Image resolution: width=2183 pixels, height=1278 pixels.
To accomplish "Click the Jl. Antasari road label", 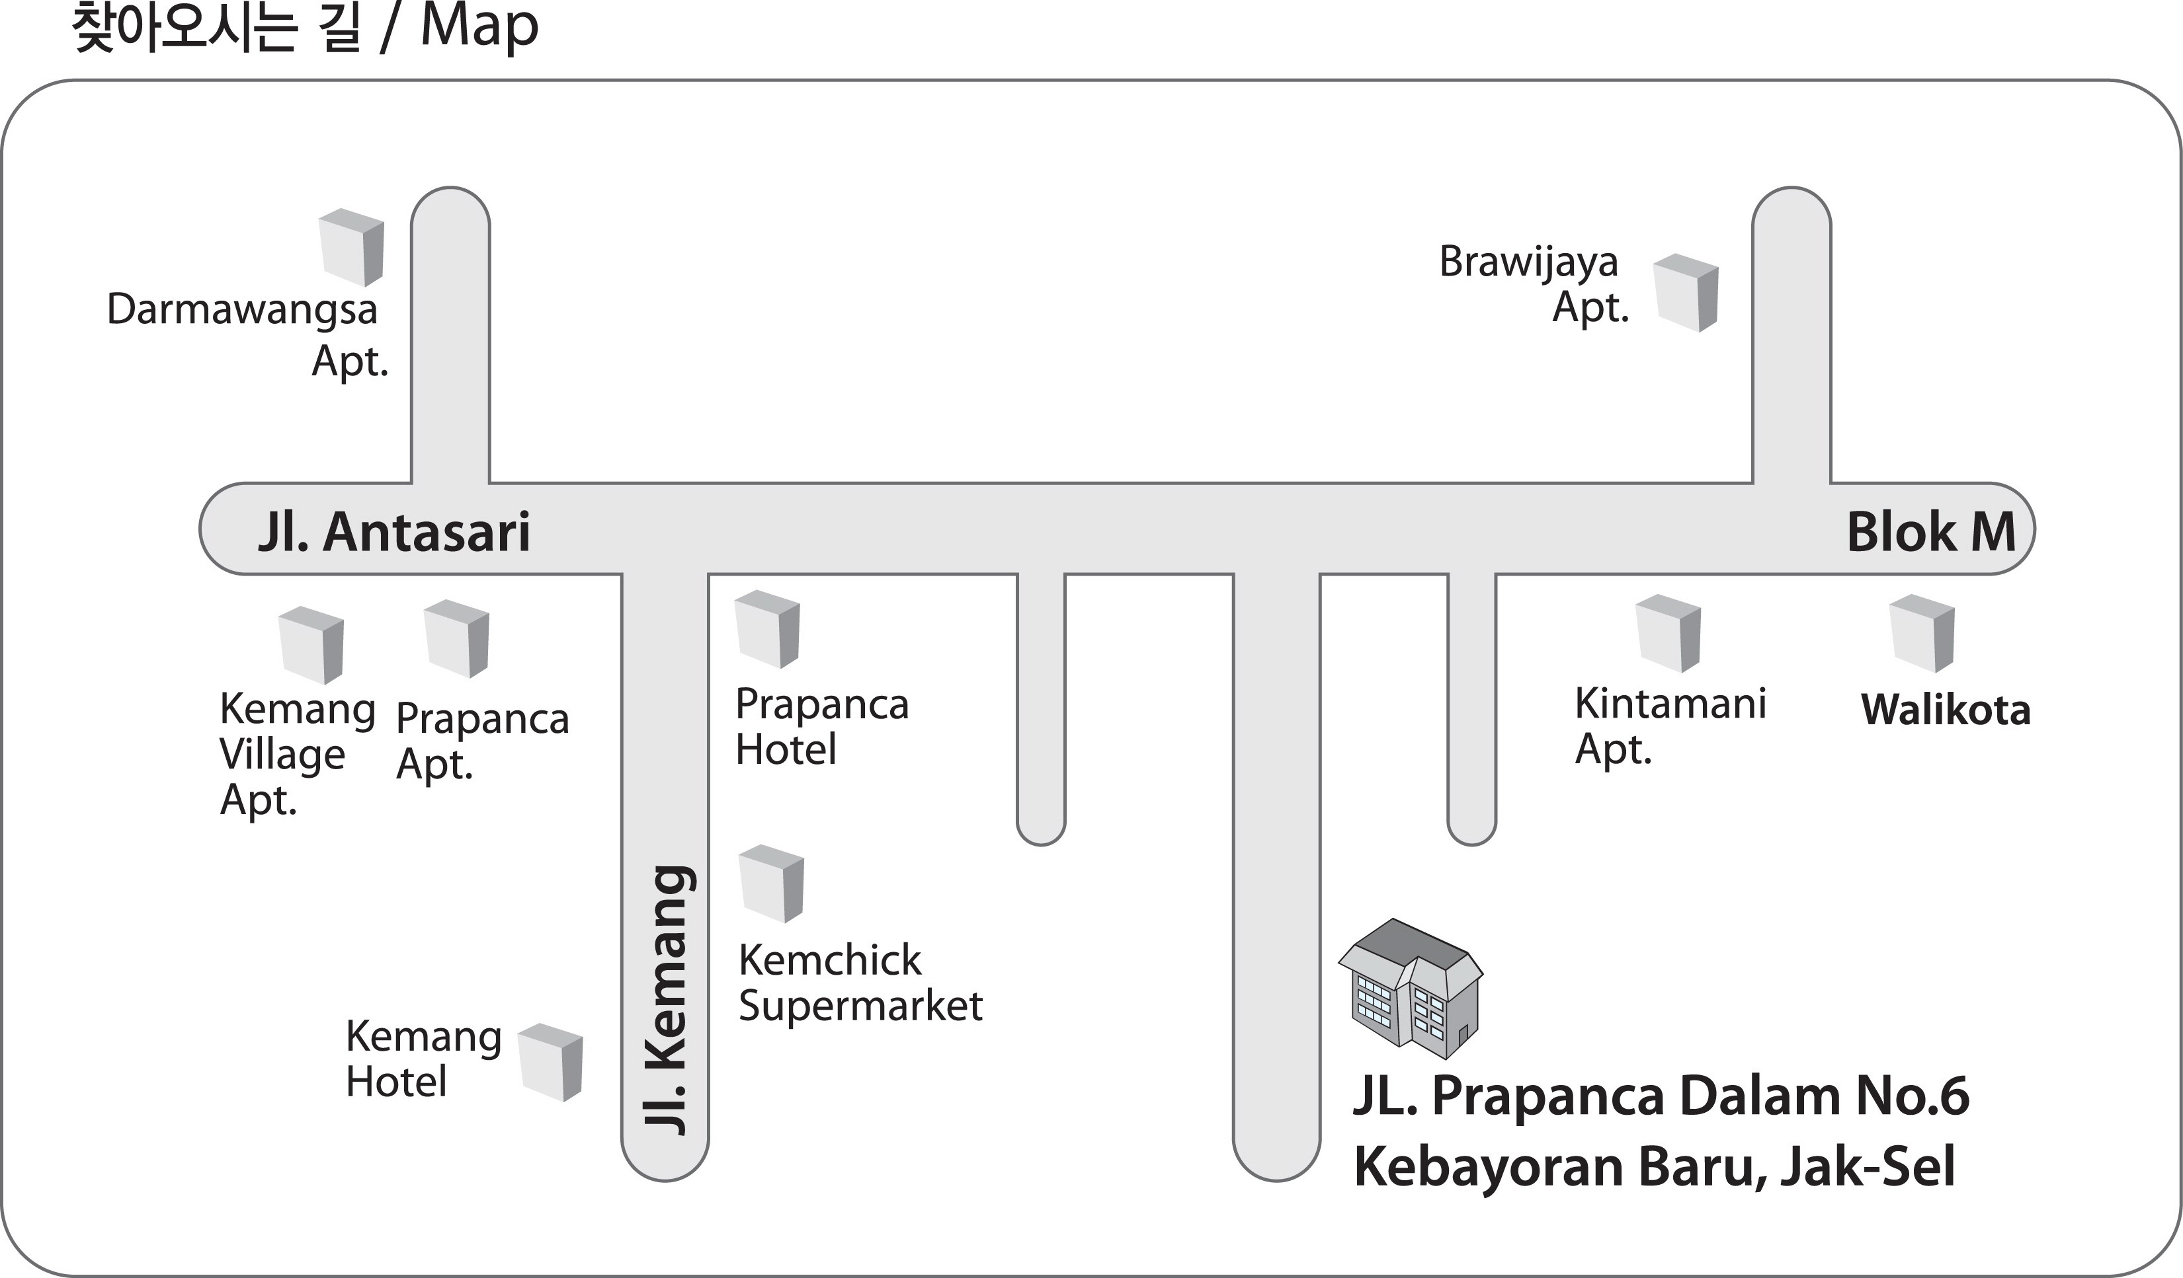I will pos(394,532).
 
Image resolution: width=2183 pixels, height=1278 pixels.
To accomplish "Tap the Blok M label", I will pos(1931,532).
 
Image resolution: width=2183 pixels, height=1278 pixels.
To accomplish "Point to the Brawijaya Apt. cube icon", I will pos(1686,293).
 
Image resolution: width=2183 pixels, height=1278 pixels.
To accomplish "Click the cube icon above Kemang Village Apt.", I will pos(311,645).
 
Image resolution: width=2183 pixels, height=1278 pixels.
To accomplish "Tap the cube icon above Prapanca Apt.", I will pos(456,638).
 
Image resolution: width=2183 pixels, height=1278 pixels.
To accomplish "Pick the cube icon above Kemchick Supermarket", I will pos(771,883).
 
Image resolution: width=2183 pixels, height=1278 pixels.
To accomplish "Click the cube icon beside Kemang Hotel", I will pos(550,1063).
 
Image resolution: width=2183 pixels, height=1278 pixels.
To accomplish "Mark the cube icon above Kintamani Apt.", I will pos(1668,633).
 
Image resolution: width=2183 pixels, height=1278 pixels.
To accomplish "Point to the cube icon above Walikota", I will pos(1921,633).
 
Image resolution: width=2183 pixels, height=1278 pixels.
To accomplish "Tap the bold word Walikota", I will pos(1946,710).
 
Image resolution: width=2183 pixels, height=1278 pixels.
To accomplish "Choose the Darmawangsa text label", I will pos(243,310).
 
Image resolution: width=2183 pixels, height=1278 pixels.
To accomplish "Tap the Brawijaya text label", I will pos(1528,262).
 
